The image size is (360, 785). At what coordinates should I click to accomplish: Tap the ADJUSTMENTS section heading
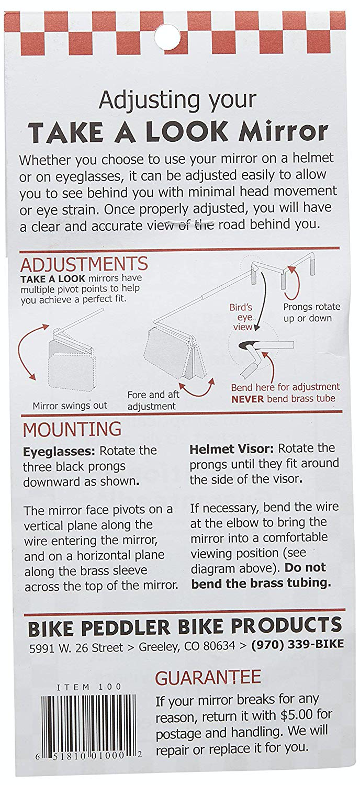(x=84, y=264)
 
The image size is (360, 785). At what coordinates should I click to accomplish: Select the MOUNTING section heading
(x=72, y=429)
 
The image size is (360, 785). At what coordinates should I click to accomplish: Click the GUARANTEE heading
(x=208, y=677)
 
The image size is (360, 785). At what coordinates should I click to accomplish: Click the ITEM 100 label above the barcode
(x=89, y=687)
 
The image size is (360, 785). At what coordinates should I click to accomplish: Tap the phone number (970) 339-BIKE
(x=298, y=645)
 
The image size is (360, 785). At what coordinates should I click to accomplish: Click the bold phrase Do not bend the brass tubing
(x=261, y=576)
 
